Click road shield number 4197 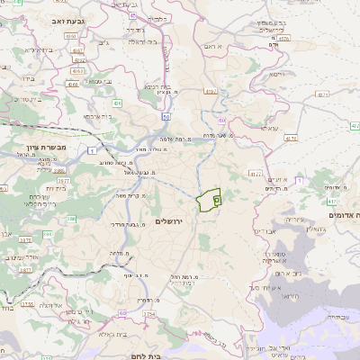[211, 92]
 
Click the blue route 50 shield [166, 116]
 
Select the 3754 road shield [149, 314]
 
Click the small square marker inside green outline [216, 200]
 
